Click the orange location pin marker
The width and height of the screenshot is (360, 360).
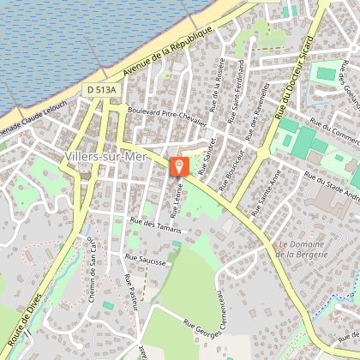pyautogui.click(x=179, y=166)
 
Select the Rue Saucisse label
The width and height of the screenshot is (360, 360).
pyautogui.click(x=145, y=256)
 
